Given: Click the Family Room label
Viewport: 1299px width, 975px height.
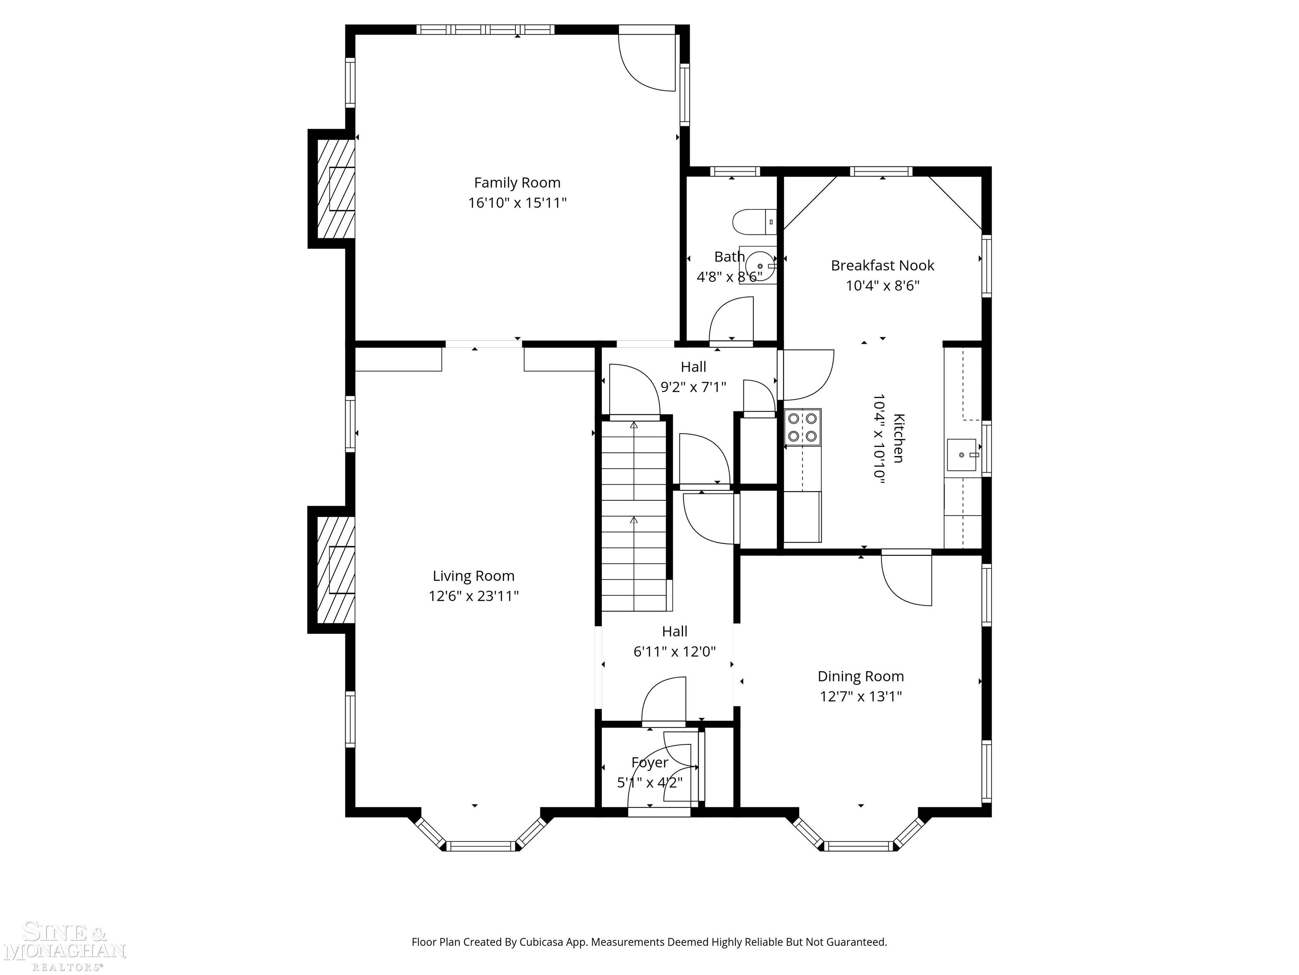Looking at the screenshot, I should (517, 183).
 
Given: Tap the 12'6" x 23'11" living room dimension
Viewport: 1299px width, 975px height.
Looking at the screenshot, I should (473, 596).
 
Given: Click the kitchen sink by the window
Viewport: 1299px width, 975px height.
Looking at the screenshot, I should (961, 455).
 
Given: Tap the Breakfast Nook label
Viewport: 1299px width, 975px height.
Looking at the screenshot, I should (882, 266).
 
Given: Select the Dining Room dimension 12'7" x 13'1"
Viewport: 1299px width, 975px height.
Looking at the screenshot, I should (861, 697).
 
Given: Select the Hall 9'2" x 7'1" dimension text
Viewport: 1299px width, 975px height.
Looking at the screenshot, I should (693, 387).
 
